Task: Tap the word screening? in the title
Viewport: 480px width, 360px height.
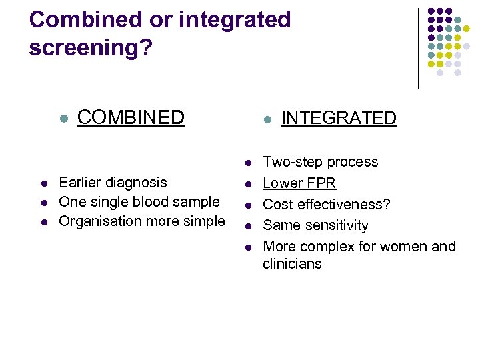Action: click(x=90, y=49)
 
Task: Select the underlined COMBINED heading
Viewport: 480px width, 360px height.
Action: click(x=131, y=117)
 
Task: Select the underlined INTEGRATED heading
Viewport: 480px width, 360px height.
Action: click(x=339, y=119)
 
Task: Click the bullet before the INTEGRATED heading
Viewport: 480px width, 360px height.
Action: click(x=265, y=120)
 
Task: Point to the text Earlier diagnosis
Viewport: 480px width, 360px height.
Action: click(x=113, y=183)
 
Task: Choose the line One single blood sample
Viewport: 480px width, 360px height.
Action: click(x=139, y=202)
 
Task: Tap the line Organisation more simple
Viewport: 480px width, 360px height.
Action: click(x=142, y=221)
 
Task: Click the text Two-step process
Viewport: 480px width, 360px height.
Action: click(x=320, y=162)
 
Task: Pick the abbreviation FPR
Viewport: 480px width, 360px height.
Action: click(x=320, y=183)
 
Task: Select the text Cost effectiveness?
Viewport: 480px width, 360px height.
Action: click(x=327, y=205)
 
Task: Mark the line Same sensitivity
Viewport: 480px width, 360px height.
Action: click(x=315, y=226)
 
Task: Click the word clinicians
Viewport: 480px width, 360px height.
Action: click(x=292, y=264)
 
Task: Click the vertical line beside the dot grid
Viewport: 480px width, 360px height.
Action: click(x=418, y=48)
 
